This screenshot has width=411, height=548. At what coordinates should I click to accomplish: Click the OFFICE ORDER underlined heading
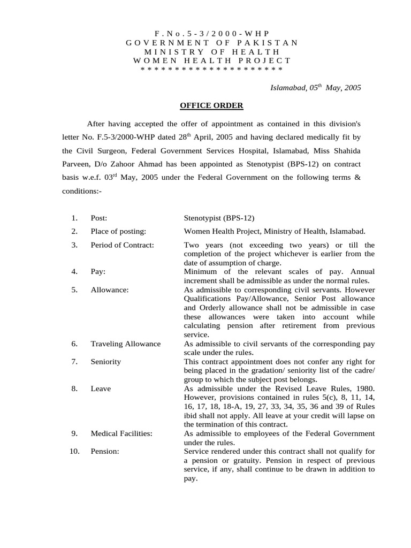(211, 106)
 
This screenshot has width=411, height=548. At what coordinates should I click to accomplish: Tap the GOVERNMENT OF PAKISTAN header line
(212, 42)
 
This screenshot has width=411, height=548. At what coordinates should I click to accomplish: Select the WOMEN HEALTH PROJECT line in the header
(212, 60)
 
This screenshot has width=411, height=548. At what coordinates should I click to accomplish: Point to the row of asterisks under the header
(211, 70)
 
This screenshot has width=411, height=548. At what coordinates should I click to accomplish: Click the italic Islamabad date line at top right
(315, 88)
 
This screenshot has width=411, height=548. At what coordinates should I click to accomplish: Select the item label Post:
(99, 218)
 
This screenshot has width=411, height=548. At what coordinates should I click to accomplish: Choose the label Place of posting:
(118, 231)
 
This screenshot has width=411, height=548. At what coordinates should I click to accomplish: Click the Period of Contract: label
(122, 245)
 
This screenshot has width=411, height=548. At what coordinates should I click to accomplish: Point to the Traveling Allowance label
(125, 344)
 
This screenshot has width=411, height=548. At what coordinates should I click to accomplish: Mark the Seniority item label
(105, 361)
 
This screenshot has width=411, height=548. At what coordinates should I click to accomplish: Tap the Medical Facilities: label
(121, 433)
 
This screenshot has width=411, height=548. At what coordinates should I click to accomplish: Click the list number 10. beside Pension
(74, 451)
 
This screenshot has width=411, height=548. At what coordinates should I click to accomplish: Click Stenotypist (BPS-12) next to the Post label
(219, 218)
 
